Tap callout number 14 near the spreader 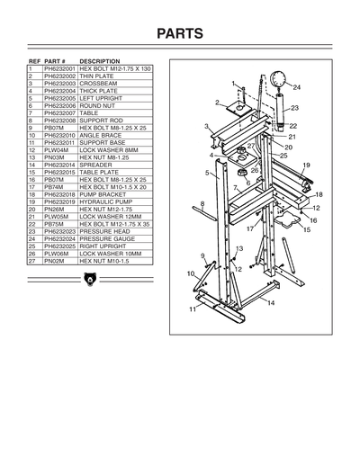[271, 303]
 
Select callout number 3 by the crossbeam [206, 127]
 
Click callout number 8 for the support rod [203, 203]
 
